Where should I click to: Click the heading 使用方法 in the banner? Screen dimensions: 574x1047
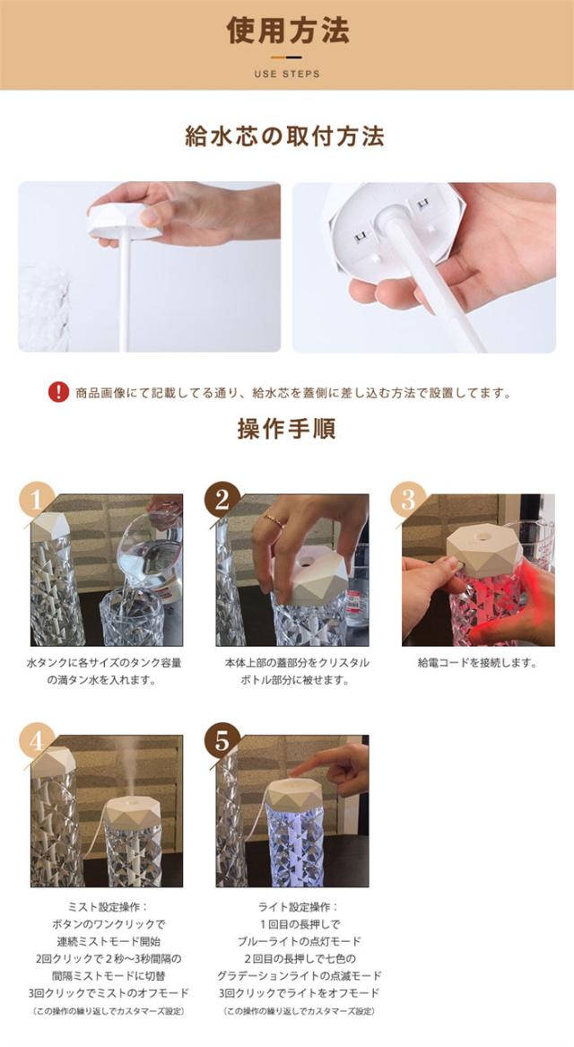point(287,30)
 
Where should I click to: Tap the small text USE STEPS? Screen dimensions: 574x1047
point(287,74)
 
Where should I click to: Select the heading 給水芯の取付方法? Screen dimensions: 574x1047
point(284,136)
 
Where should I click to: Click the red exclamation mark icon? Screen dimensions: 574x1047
point(58,392)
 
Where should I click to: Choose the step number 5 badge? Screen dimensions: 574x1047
point(222,740)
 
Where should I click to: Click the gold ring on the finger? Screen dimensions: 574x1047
point(273,519)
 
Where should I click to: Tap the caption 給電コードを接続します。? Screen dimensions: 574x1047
point(477,663)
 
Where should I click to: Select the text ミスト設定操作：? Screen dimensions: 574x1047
point(107,907)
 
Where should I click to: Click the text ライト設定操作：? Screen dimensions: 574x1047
point(299,907)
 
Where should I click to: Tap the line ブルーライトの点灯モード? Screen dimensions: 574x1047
point(299,941)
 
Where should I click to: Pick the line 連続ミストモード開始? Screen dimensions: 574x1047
point(107,941)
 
